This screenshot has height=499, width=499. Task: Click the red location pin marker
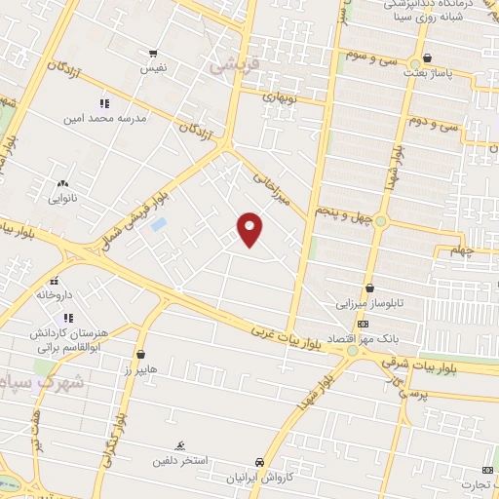click(250, 227)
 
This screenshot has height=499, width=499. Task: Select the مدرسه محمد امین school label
click(103, 118)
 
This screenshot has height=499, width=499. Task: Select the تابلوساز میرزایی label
click(369, 302)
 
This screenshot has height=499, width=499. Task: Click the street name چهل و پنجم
click(342, 211)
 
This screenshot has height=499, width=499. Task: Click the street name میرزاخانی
click(274, 187)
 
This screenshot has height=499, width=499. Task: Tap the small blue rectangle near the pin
click(159, 225)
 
